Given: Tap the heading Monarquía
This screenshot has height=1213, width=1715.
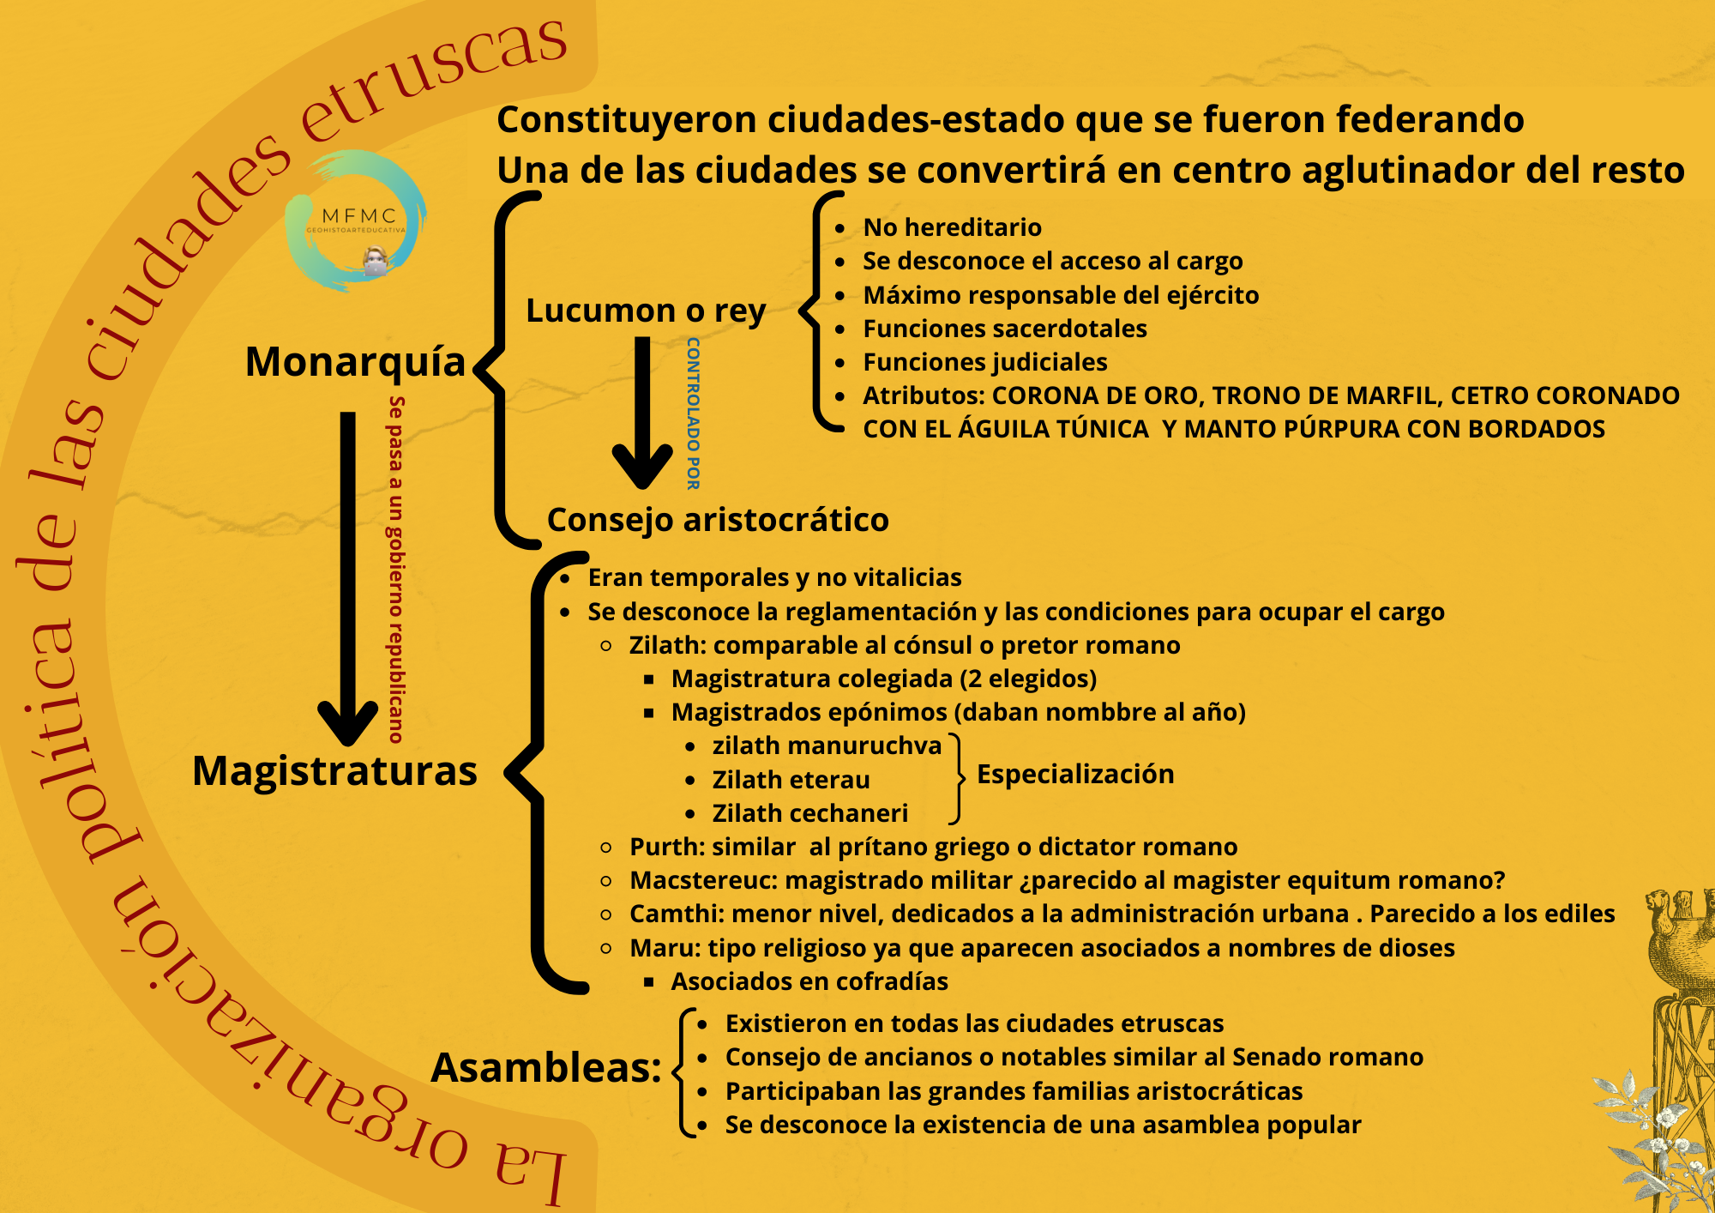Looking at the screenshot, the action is [355, 362].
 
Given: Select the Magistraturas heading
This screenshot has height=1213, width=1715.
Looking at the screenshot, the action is [334, 770].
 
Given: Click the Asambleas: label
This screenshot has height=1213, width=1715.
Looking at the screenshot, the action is [546, 1068].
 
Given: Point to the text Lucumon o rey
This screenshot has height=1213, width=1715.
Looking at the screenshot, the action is [646, 311].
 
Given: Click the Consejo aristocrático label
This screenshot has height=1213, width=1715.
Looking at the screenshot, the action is [718, 520].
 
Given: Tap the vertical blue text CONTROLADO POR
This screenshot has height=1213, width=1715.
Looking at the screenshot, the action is [693, 413].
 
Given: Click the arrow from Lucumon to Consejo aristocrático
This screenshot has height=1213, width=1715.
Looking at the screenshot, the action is [642, 413].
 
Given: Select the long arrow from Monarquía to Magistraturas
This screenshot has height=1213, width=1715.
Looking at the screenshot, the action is [348, 579].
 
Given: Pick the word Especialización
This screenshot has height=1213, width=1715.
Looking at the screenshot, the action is [1075, 774].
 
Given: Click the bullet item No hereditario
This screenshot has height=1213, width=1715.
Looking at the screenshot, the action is [952, 227].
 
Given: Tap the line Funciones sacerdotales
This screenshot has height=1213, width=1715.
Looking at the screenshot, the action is [1005, 329].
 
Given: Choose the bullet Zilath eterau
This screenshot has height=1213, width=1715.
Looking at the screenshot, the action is [791, 780].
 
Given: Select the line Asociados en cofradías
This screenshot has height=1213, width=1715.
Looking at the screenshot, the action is [809, 981].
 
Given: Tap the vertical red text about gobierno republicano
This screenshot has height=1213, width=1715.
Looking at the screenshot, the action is [395, 570].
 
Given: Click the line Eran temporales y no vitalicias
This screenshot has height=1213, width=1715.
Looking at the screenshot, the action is [774, 577].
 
